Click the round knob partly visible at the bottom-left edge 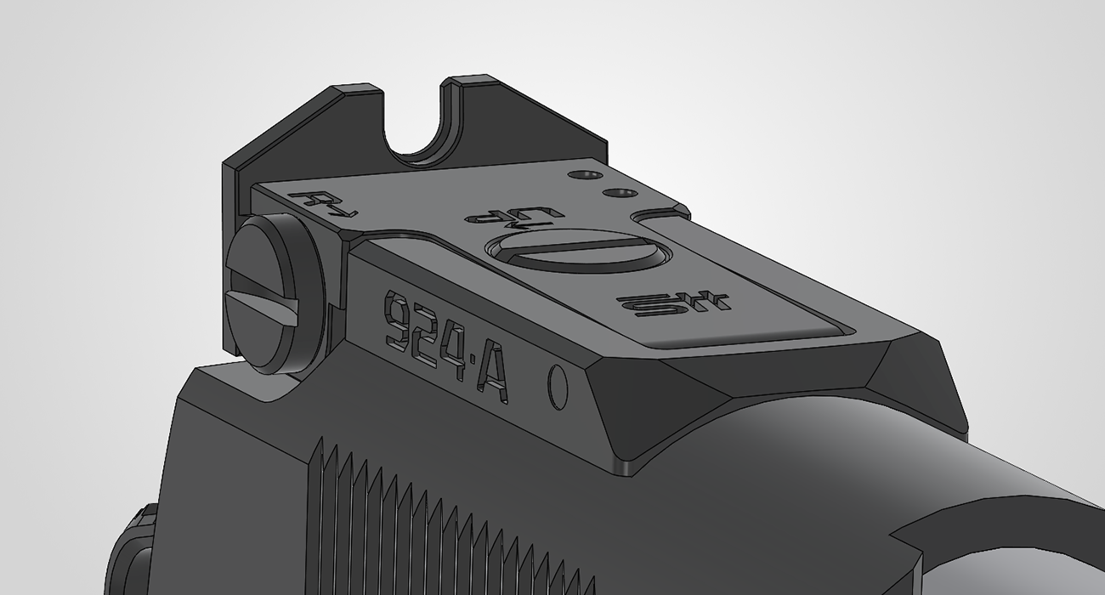click(132, 552)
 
